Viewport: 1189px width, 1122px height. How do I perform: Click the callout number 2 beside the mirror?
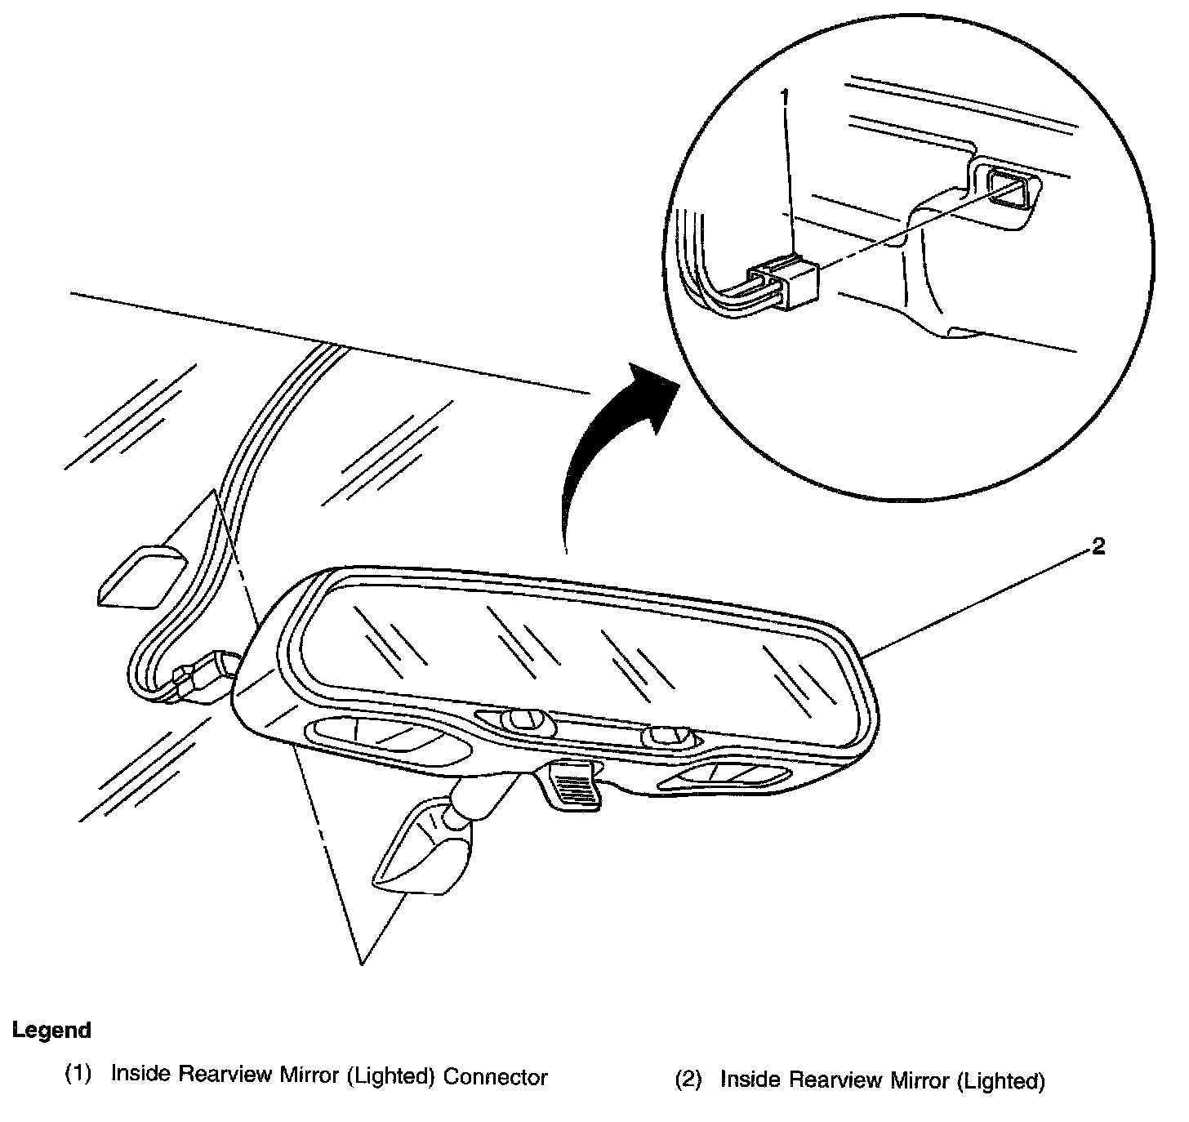pyautogui.click(x=1098, y=547)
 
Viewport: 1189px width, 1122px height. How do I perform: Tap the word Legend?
pyautogui.click(x=51, y=1031)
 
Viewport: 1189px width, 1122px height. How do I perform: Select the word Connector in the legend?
pyautogui.click(x=495, y=1077)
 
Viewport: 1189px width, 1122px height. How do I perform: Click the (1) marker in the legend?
pyautogui.click(x=78, y=1074)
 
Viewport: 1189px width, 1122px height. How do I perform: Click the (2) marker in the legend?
pyautogui.click(x=688, y=1080)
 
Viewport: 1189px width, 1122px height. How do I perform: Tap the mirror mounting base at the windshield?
pyautogui.click(x=421, y=853)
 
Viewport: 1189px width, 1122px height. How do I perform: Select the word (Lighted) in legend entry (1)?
pyautogui.click(x=388, y=1077)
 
